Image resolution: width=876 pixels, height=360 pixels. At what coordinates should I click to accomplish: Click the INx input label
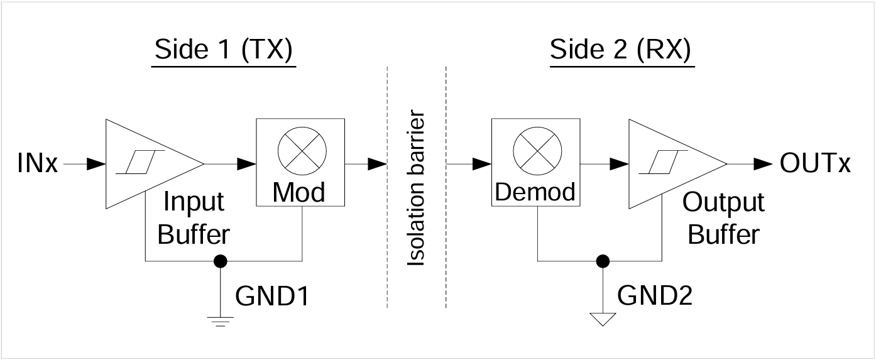click(x=38, y=165)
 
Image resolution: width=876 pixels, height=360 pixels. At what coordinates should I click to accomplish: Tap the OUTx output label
click(x=815, y=164)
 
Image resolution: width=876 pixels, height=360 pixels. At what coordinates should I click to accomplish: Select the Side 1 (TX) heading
click(x=224, y=50)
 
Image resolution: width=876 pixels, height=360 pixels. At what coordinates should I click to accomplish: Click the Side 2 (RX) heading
click(x=620, y=50)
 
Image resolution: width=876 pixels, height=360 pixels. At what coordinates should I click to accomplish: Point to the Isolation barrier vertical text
click(x=417, y=189)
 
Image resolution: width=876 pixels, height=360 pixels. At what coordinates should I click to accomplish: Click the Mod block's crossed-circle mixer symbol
click(x=300, y=149)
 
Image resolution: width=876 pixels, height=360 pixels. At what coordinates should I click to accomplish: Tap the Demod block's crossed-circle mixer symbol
click(x=535, y=149)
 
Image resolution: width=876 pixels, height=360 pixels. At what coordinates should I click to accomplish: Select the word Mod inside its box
click(x=299, y=192)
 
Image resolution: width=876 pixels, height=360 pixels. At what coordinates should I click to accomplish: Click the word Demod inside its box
click(x=535, y=192)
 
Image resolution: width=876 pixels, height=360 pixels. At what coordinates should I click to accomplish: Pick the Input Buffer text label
click(x=194, y=218)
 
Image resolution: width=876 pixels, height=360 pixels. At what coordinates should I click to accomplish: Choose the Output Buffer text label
click(x=723, y=218)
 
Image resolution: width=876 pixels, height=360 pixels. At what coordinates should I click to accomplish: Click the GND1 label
click(x=272, y=296)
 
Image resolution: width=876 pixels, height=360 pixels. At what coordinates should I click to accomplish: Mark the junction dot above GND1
click(x=220, y=260)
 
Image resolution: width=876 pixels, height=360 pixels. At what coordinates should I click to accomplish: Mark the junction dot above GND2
click(x=603, y=260)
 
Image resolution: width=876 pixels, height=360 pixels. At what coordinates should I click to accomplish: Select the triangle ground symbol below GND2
click(x=603, y=319)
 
